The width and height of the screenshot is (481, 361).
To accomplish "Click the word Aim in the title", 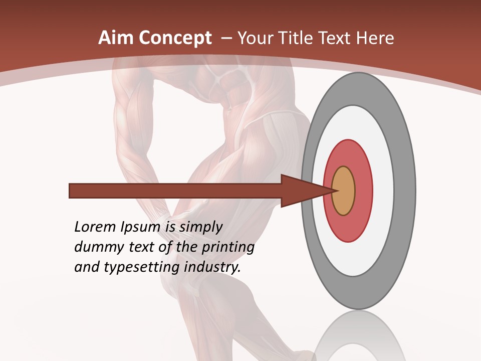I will point(116,38).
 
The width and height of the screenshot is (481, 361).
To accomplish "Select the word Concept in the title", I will point(175,39).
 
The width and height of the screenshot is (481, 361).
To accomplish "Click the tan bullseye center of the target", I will point(344,191).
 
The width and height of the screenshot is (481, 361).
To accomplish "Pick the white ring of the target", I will point(383,191).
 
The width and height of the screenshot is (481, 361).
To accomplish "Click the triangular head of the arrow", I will point(301,191).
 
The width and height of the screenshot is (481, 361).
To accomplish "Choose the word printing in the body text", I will point(227,248).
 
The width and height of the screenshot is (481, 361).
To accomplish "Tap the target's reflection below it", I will point(358,336).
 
